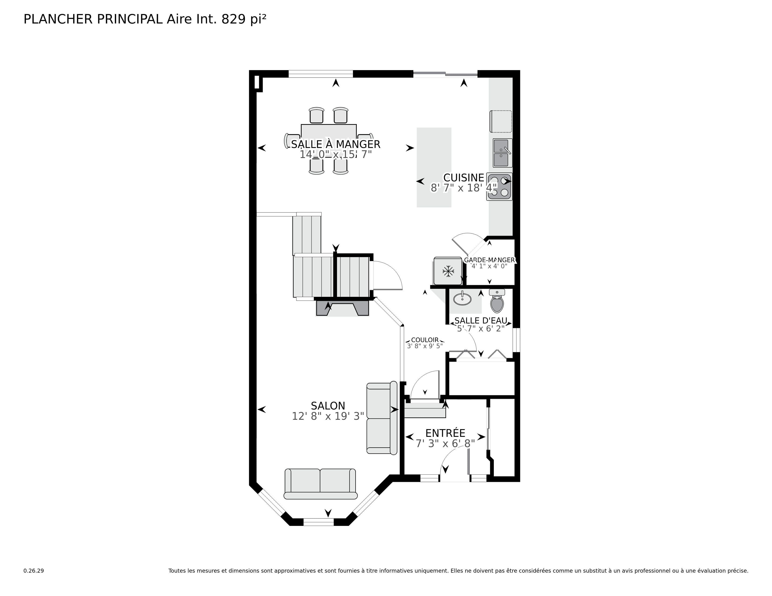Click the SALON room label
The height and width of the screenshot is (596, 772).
(328, 406)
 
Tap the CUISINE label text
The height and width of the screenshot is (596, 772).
(463, 178)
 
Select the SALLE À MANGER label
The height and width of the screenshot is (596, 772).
(335, 144)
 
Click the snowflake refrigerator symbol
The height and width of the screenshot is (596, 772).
(448, 271)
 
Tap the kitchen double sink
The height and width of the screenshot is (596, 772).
(502, 153)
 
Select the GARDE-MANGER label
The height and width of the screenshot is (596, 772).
(489, 260)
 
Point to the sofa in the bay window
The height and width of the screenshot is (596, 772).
(320, 484)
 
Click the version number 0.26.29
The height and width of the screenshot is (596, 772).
(34, 571)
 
